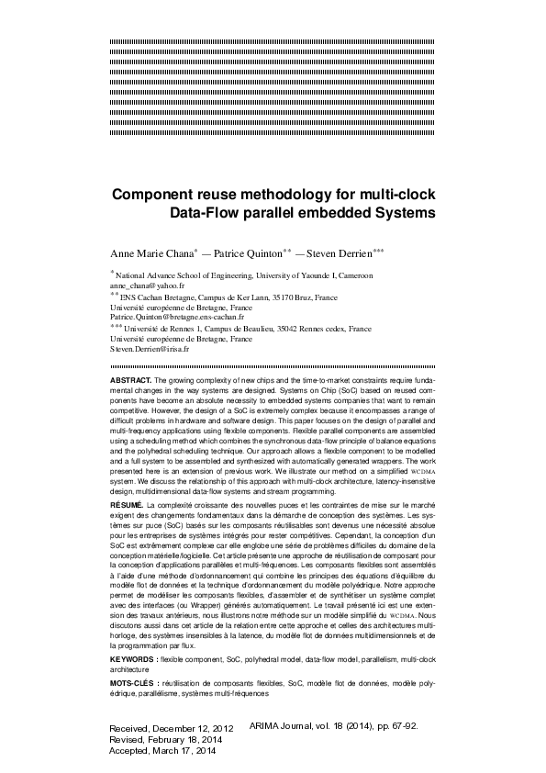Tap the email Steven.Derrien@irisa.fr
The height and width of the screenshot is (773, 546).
tap(149, 349)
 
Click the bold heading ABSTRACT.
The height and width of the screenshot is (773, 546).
tap(131, 379)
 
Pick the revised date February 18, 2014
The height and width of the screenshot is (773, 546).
tap(188, 739)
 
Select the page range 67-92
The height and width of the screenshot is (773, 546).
tap(401, 725)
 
